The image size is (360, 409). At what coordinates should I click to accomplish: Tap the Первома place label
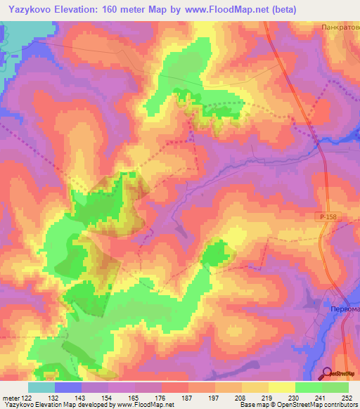click(342, 308)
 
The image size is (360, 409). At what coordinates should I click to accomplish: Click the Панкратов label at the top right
click(340, 27)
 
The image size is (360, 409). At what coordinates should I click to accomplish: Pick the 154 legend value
click(108, 397)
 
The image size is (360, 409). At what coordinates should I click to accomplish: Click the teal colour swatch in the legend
click(41, 387)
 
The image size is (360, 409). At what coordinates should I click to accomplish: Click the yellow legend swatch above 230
click(282, 387)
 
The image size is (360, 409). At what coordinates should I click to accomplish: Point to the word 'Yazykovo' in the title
click(30, 10)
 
